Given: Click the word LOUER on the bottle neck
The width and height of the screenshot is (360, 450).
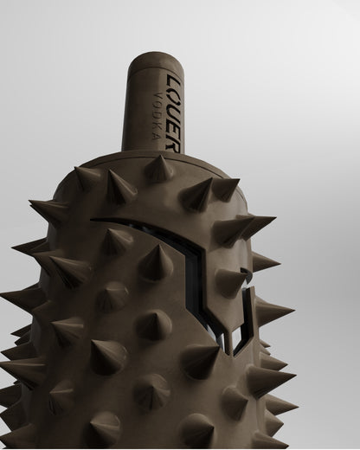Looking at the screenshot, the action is (174, 113).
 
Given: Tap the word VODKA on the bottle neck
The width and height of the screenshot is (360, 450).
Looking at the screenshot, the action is (157, 115).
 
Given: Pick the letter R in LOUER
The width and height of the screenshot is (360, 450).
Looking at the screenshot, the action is (174, 147).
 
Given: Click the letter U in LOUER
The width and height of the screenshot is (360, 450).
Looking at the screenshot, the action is (175, 112).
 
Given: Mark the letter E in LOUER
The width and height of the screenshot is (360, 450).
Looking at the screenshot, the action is (174, 130).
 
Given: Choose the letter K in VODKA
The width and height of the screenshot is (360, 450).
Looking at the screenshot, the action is (157, 126).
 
